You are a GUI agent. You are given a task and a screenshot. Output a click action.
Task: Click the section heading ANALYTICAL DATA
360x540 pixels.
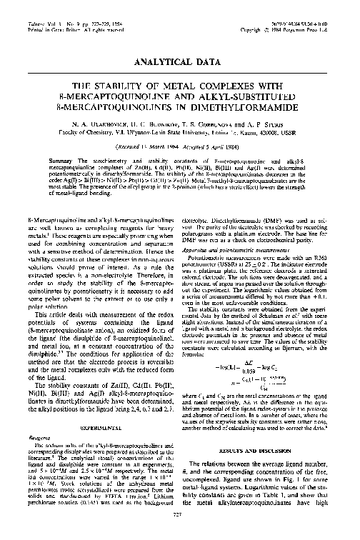pyautogui.click(x=180, y=62)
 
